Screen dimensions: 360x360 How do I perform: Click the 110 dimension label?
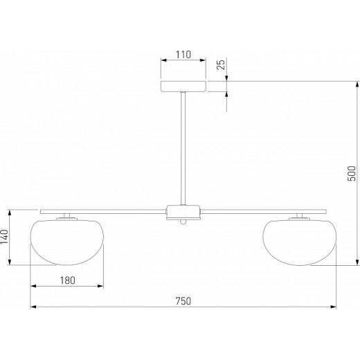coord(183,55)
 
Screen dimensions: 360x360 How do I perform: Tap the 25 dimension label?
coord(221,64)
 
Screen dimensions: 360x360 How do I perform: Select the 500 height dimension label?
coord(352,173)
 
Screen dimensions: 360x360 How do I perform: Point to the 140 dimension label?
coord(4,237)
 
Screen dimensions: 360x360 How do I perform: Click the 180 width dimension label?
coord(67,280)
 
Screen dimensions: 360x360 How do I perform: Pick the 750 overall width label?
coord(183,301)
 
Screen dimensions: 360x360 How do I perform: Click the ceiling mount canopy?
coord(183,87)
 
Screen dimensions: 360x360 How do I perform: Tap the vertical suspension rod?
coord(183,148)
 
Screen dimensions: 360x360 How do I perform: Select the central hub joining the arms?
coord(183,213)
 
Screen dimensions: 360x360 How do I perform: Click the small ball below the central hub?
coord(183,222)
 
